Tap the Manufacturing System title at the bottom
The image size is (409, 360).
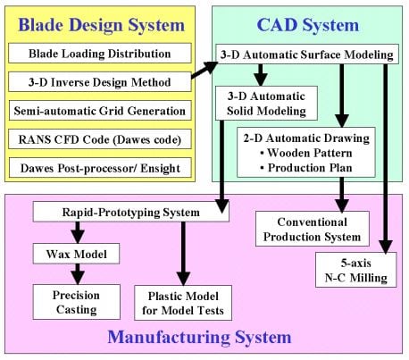198,337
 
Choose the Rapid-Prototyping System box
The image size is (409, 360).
129,212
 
